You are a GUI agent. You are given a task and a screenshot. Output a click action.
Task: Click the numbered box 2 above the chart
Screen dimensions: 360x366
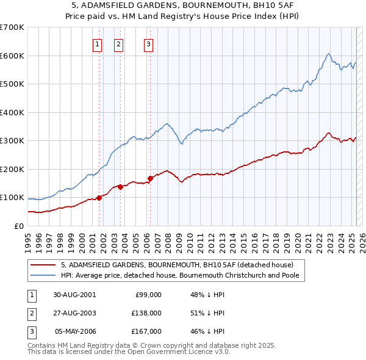coord(118,43)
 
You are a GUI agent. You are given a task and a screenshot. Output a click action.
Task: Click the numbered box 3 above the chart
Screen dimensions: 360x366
coord(148,43)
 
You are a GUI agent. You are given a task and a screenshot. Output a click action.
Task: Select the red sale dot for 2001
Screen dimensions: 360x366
coord(99,198)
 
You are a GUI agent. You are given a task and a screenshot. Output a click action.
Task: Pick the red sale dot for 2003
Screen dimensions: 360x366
coord(121,187)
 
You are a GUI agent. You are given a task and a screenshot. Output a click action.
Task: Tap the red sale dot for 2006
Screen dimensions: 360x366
coord(150,178)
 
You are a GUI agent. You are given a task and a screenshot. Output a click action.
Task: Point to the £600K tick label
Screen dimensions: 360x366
coord(12,56)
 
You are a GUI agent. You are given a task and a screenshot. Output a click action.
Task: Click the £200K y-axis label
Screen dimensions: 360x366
coord(12,169)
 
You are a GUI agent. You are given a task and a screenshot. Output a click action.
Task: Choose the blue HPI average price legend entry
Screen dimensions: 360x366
coord(183,275)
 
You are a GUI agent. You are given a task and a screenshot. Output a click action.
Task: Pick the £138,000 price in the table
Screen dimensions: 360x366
coord(147,312)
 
